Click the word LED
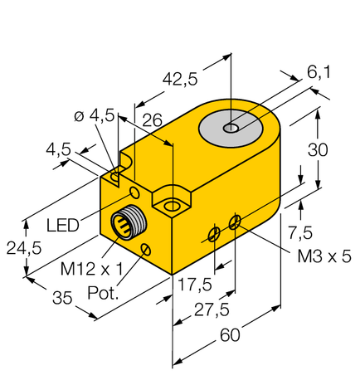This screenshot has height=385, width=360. coord(63,225)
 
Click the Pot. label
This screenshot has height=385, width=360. coord(105,293)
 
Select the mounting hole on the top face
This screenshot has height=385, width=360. coord(172,204)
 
